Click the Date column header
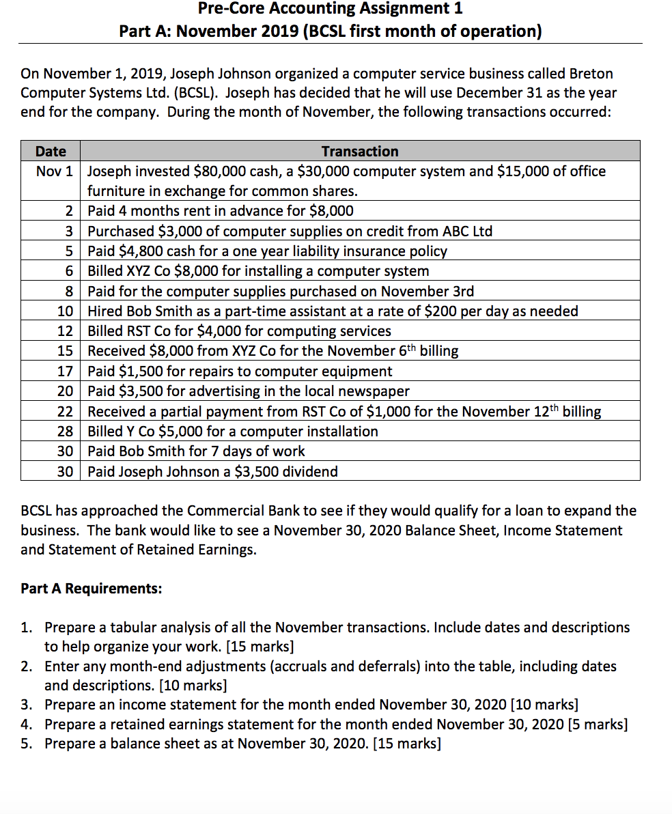(x=51, y=151)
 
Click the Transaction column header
(x=360, y=151)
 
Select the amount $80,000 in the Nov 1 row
(x=219, y=171)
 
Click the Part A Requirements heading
(x=92, y=589)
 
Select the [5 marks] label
(x=595, y=724)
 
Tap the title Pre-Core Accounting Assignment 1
(x=330, y=9)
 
